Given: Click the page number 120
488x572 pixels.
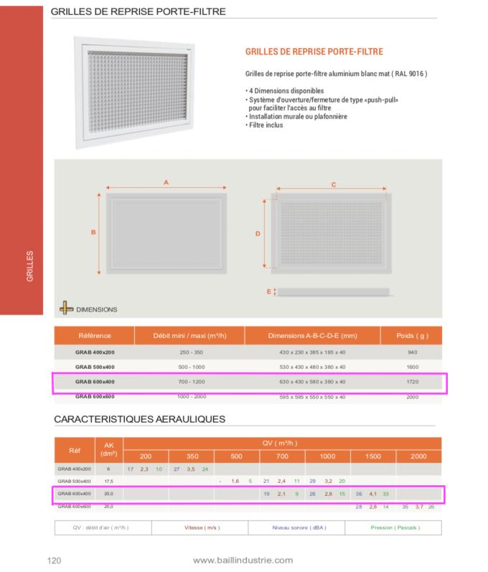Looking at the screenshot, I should (x=53, y=561).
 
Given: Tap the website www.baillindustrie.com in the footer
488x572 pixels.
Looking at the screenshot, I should (x=243, y=560).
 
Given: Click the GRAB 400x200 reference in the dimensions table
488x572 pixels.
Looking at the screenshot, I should (x=94, y=352).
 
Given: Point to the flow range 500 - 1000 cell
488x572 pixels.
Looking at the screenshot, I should (x=190, y=367).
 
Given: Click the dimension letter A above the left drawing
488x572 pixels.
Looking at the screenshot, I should (x=166, y=183).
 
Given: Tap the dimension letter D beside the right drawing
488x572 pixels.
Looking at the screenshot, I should (x=258, y=234).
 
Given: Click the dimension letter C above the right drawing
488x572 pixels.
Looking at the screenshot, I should (x=334, y=184).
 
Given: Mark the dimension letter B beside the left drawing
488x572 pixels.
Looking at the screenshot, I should (x=93, y=232).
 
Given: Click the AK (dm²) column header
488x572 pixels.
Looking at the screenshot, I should (x=109, y=450).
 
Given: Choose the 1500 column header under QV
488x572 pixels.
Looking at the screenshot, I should (x=373, y=456).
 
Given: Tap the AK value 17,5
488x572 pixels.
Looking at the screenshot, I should (x=109, y=481).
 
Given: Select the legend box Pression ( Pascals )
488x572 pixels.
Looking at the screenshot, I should (x=393, y=528).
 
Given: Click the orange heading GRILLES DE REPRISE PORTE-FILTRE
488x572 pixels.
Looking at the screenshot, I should (x=314, y=52).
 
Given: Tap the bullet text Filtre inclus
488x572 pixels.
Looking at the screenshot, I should (x=265, y=125).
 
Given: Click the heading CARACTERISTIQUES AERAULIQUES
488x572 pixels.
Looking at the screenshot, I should (x=140, y=419).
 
